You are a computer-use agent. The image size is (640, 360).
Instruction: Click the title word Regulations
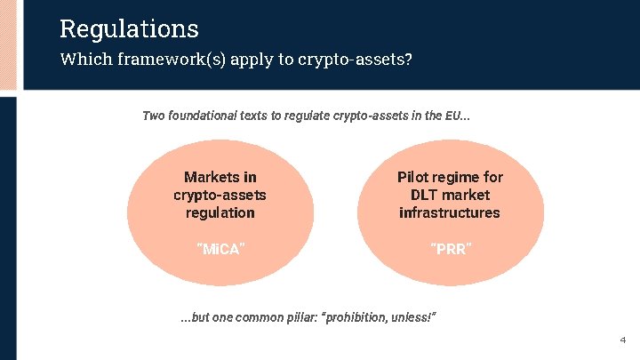129,28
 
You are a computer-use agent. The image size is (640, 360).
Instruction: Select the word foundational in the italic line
204,116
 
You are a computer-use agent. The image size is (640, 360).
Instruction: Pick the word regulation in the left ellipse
220,212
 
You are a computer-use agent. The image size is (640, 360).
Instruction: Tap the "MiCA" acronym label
220,248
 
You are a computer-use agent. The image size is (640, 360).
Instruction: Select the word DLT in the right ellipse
426,195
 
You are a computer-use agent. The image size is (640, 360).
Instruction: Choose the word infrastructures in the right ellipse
450,212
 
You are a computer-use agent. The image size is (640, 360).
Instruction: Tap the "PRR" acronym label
450,248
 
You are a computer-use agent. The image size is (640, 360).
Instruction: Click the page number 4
622,340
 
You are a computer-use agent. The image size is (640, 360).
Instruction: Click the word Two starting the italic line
155,116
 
